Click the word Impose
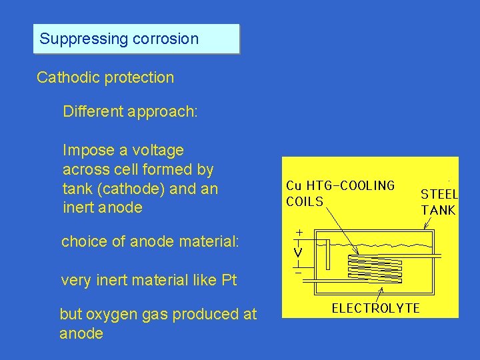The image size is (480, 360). point(86,150)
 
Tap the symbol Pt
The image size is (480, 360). point(228,280)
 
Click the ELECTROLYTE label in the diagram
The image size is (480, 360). point(375,308)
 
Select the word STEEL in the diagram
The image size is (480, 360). point(439,195)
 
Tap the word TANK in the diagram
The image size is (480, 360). point(438,210)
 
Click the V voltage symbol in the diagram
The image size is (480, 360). point(298,253)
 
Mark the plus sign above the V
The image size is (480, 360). point(299,233)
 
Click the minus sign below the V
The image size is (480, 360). point(298,272)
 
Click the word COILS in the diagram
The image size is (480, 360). point(305,201)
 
